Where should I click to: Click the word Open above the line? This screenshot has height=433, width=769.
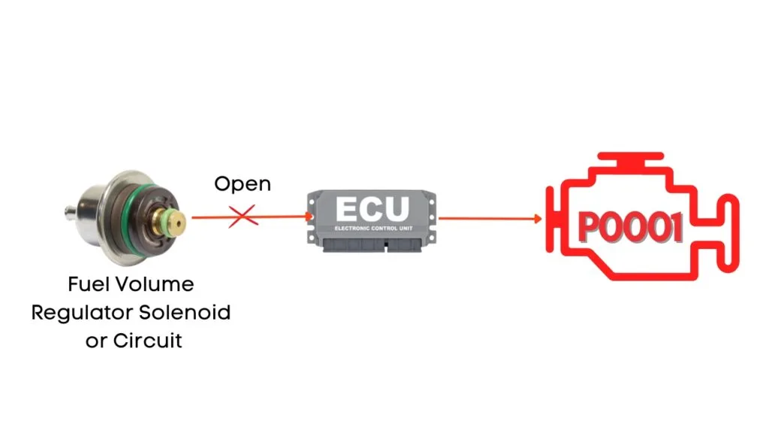pos(243,183)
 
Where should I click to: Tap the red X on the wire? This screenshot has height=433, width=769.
pos(243,217)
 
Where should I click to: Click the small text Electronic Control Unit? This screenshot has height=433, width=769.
pos(373,227)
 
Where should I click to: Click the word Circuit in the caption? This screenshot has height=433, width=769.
pos(148,340)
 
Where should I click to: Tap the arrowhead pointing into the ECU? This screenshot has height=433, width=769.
pos(309,217)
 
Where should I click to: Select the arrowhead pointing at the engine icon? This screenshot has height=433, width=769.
pos(538,219)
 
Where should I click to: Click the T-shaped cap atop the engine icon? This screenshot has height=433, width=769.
pos(628,159)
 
